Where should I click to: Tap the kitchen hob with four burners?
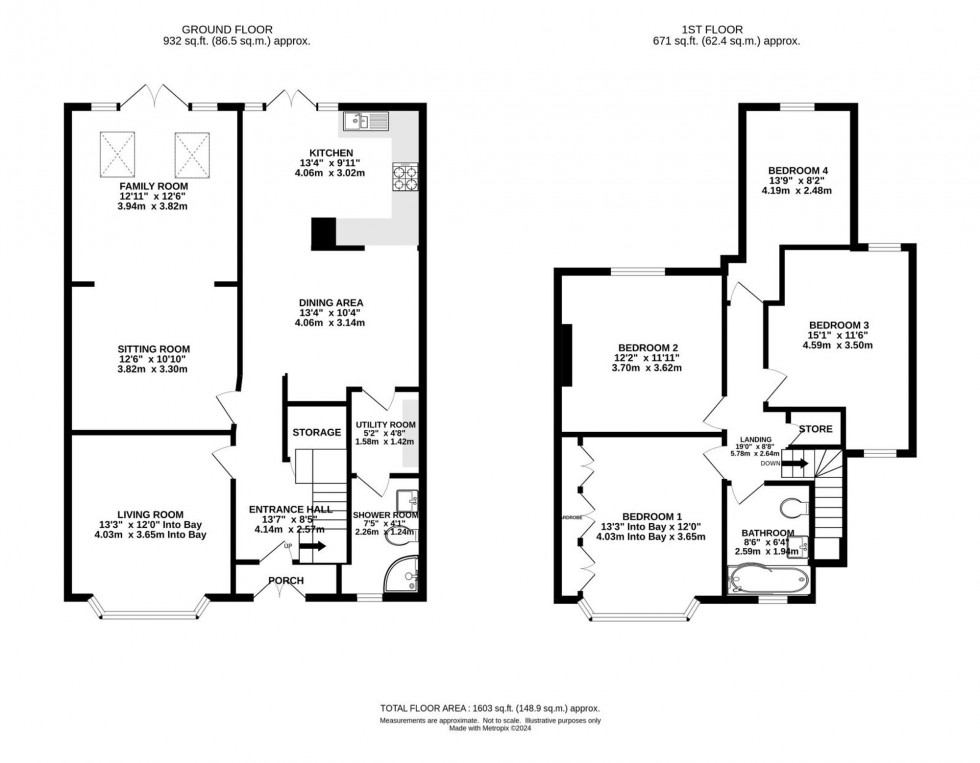point(406,178)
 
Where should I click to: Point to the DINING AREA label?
point(329,302)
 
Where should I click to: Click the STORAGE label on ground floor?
point(316,432)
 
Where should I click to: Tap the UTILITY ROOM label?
point(385,425)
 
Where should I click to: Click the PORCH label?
point(284,581)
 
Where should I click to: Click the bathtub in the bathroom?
point(765,579)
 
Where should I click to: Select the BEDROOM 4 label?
point(798,170)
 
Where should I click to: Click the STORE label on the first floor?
point(815,430)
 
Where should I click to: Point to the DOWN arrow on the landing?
point(796,462)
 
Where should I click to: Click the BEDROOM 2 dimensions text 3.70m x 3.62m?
point(647,368)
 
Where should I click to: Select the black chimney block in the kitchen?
point(324,233)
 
